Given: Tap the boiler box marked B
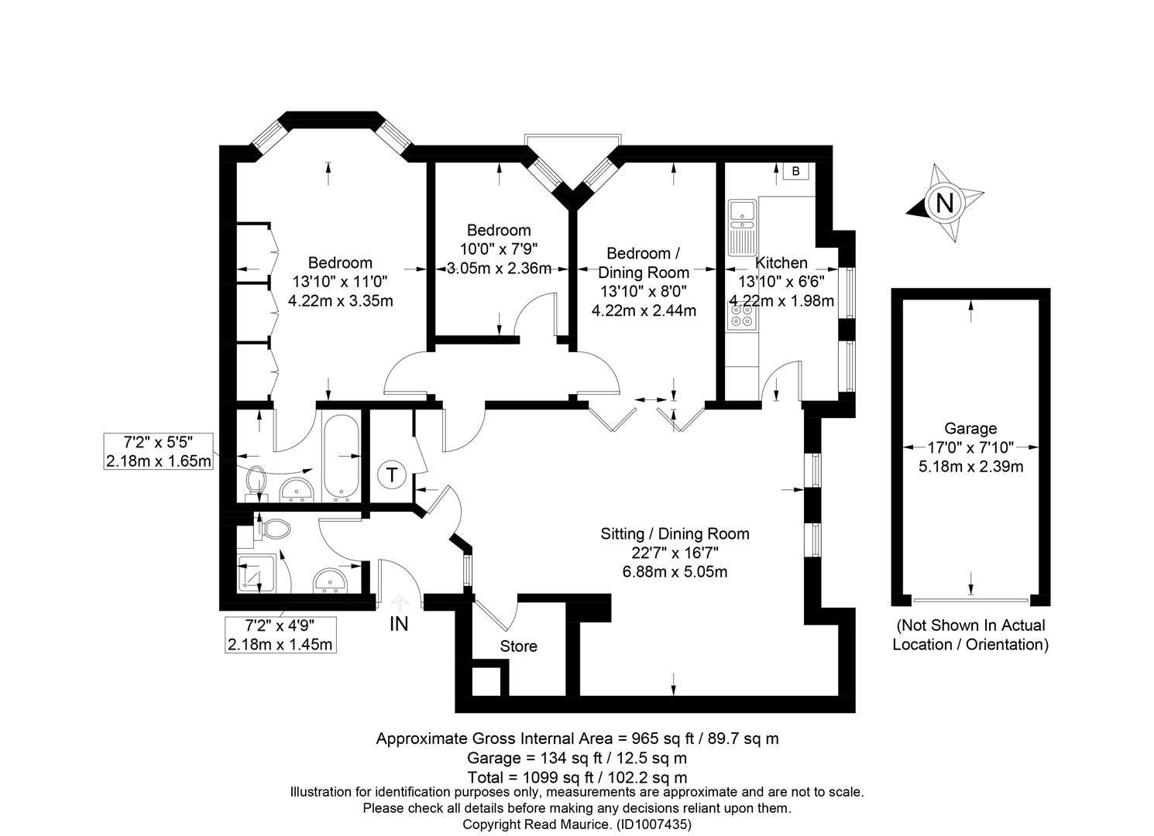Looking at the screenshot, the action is pos(796,171).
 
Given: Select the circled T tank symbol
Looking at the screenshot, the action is pos(393,475).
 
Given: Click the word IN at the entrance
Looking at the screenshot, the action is pos(399,625).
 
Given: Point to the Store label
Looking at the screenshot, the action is pos(518,646).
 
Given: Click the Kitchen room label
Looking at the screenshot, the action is pos(781,262).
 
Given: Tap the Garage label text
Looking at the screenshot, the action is pos(970,428).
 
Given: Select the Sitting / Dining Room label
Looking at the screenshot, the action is pos(675,533).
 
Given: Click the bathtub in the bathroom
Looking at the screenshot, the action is pos(341,458).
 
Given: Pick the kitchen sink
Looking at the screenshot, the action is pos(742,228).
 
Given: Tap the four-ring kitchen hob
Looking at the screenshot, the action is pos(741,316).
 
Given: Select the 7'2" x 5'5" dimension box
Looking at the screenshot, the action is pos(159,451).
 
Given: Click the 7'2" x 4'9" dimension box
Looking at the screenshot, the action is pos(280,635).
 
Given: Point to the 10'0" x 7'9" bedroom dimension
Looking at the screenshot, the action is pos(499,249).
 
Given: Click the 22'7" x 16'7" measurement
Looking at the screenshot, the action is pos(675,553).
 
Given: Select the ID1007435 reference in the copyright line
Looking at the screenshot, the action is pos(654,824).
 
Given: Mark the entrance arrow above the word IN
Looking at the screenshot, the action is pos(400,603).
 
